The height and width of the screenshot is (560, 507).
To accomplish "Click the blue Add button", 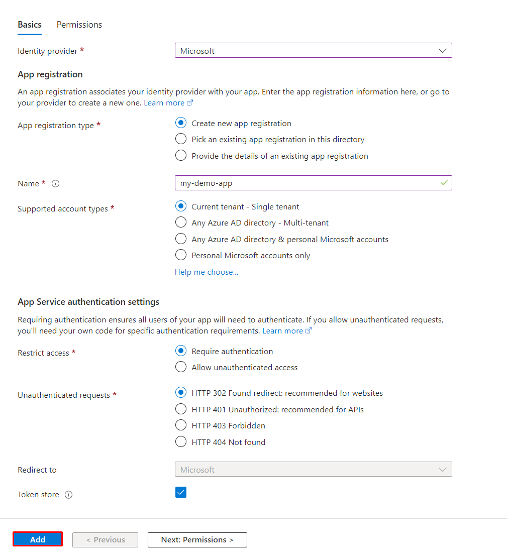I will tap(38, 539).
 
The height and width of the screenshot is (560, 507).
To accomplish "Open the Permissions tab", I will tap(79, 25).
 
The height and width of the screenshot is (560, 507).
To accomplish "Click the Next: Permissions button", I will tap(197, 539).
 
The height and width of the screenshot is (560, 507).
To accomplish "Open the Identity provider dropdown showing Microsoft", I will tap(313, 51).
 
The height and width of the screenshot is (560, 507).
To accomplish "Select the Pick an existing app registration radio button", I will tap(181, 139).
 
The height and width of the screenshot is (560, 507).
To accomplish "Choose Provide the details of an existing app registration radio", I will tap(181, 156).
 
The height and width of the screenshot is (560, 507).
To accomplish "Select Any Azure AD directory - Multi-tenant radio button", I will tap(181, 222).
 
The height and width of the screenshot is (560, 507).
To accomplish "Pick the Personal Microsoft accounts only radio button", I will tap(181, 255).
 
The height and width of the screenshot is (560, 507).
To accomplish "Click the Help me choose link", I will tap(207, 272).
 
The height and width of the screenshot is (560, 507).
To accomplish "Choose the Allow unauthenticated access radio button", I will tap(181, 367).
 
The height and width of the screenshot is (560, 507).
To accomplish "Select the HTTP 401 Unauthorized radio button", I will tap(181, 409).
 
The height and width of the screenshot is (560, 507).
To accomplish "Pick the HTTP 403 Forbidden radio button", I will tap(181, 425).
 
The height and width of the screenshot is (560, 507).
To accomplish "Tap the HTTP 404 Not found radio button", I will tap(181, 442).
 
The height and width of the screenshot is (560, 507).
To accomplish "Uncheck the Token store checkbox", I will tap(181, 492).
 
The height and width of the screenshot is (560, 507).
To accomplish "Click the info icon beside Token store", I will tap(69, 495).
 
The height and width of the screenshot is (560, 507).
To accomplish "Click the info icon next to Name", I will tap(56, 184).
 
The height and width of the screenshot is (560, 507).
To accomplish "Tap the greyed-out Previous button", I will tap(105, 539).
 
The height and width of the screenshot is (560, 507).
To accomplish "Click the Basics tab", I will tap(30, 25).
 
